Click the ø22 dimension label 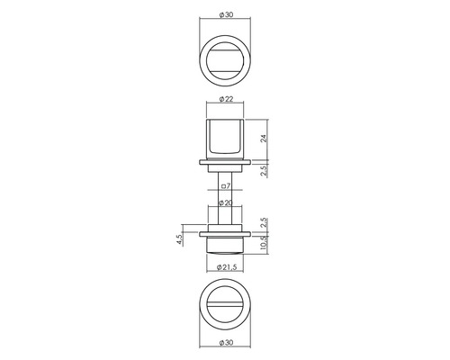(226, 99)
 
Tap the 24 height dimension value (264, 139)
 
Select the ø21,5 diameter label (226, 266)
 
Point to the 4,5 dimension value (179, 239)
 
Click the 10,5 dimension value (264, 242)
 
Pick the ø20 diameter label (226, 202)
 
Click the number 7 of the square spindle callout (228, 186)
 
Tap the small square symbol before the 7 (223, 186)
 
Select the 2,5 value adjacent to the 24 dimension (264, 171)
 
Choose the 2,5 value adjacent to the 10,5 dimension (264, 223)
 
